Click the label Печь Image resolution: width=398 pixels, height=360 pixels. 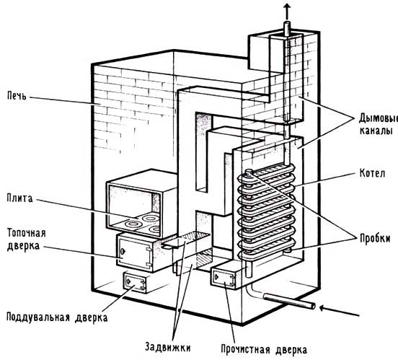[x=17, y=96]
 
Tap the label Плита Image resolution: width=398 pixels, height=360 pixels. [x=19, y=198]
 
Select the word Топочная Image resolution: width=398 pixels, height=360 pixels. [x=27, y=233]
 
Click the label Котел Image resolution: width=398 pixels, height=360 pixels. [x=372, y=174]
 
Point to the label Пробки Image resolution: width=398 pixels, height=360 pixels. [x=375, y=239]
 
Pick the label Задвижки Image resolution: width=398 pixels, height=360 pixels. [x=167, y=347]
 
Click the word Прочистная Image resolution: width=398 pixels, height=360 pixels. [x=246, y=350]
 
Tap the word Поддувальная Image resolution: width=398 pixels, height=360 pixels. [x=38, y=317]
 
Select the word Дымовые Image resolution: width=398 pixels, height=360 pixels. [x=379, y=118]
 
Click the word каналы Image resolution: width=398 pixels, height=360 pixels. [x=376, y=131]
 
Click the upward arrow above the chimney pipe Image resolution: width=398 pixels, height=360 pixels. [x=287, y=11]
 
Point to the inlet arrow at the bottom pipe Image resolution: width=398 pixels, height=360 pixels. [x=339, y=312]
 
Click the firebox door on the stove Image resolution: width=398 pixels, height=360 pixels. [x=135, y=253]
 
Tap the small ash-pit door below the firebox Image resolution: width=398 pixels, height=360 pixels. [x=135, y=282]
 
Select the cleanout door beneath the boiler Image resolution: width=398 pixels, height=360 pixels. [x=224, y=278]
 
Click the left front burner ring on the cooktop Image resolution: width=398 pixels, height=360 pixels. [x=134, y=224]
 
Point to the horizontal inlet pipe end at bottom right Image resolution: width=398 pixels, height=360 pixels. [x=312, y=305]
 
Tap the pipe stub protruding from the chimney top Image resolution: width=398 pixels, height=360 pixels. [x=287, y=28]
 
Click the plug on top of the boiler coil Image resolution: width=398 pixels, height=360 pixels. [x=249, y=172]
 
